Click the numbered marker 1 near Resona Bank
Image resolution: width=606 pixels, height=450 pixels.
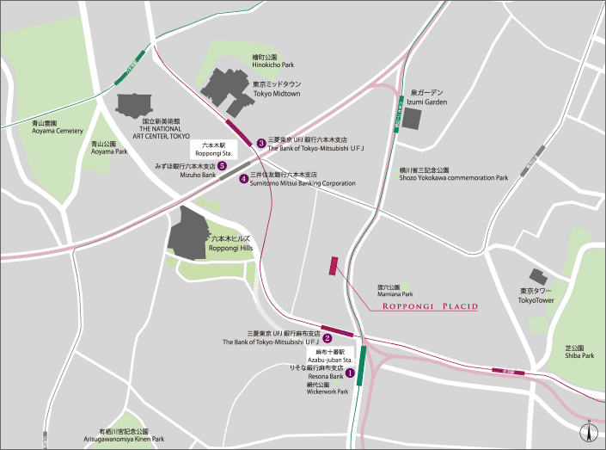(x=350, y=372)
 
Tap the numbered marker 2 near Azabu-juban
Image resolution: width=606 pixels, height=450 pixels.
(x=327, y=338)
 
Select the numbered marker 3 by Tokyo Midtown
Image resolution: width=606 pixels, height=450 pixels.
(x=260, y=143)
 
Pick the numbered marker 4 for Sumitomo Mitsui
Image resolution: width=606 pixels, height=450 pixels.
(x=244, y=179)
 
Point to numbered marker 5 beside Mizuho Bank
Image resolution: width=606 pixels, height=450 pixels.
(x=222, y=166)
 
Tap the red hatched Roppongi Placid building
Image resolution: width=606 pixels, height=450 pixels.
(x=334, y=266)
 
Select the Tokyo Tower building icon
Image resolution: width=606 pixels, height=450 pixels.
(x=539, y=277)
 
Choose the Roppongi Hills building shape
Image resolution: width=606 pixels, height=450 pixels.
(x=187, y=234)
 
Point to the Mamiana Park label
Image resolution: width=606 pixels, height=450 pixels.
(x=389, y=291)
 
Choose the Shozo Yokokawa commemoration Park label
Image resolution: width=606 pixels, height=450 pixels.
(x=454, y=174)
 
